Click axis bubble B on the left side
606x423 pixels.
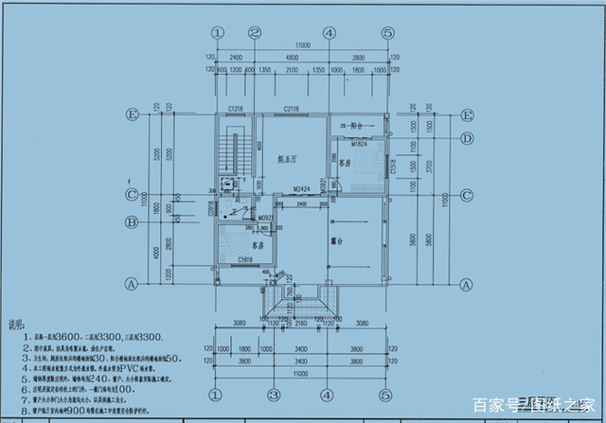click(x=133, y=223)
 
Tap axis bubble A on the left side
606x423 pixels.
click(x=133, y=283)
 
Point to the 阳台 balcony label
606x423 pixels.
click(x=358, y=125)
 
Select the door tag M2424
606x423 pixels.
click(x=302, y=190)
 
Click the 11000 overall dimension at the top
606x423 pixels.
click(x=301, y=45)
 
